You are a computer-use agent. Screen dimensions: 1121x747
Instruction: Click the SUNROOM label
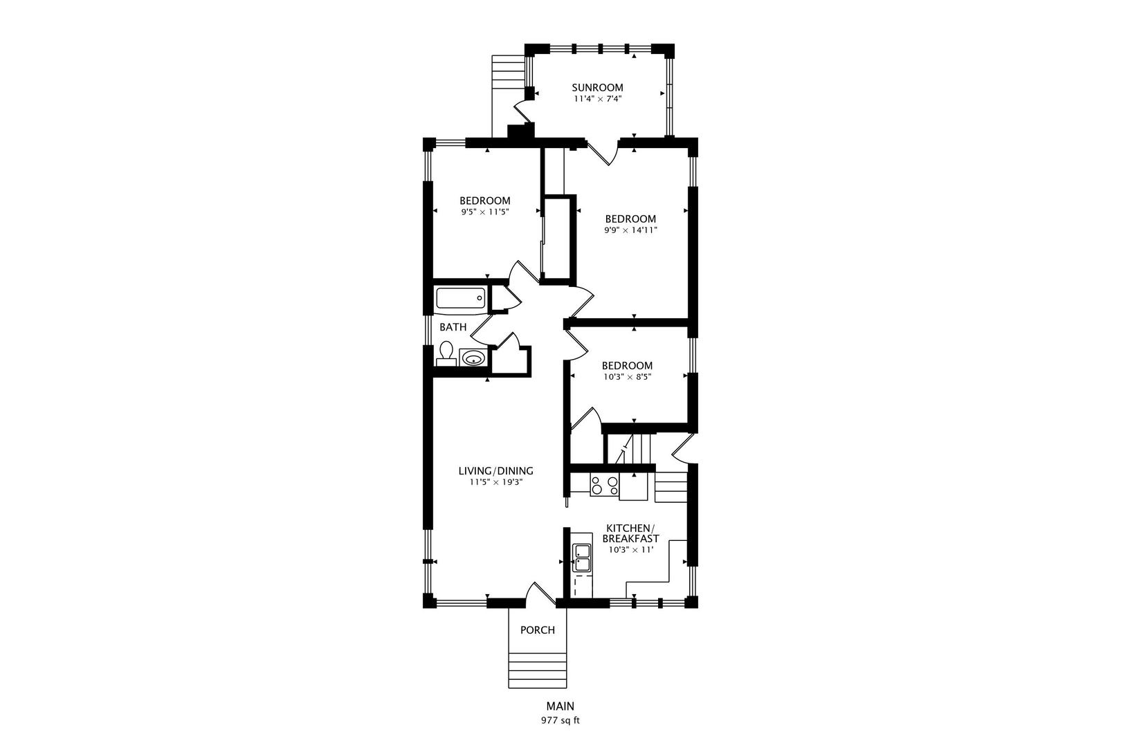point(598,88)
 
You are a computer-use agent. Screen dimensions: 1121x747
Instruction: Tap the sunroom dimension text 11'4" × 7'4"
point(598,99)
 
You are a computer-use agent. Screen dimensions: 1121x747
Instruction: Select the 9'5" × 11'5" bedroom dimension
point(485,212)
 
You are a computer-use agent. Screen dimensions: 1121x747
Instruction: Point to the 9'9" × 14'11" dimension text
point(630,230)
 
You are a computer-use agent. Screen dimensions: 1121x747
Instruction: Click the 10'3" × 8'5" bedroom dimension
point(627,377)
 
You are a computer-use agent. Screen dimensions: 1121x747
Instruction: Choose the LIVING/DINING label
point(496,471)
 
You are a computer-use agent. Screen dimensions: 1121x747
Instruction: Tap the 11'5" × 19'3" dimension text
point(496,482)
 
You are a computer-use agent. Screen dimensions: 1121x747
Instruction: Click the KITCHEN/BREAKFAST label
point(630,533)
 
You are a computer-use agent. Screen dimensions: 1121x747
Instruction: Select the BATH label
point(453,327)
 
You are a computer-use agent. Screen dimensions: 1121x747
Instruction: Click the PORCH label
point(538,630)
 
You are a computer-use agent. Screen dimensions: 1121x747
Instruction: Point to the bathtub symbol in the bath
point(460,299)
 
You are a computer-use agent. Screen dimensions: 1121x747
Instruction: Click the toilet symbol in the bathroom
point(446,353)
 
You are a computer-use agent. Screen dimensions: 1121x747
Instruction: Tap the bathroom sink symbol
point(473,358)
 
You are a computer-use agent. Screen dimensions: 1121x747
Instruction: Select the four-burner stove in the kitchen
point(605,486)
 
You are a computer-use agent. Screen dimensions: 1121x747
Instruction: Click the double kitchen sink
point(581,558)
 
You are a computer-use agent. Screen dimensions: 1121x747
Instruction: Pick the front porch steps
point(538,670)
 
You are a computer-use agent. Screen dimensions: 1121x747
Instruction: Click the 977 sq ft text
point(560,721)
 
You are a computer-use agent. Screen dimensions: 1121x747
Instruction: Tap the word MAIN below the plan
point(560,706)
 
